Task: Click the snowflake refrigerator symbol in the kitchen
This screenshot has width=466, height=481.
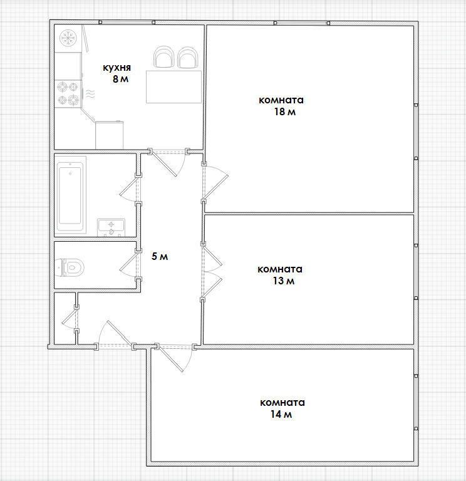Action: point(68,38)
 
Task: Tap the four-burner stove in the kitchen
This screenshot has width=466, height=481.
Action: point(68,93)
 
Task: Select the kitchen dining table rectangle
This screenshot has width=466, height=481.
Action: point(173,87)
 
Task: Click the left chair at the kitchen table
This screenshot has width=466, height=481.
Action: point(163,57)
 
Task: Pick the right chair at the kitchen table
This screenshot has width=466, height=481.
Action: point(189,57)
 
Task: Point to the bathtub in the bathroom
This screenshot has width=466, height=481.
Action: point(70,195)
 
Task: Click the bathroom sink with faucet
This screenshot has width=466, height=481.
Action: point(111,227)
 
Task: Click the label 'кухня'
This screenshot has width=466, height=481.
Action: point(116,68)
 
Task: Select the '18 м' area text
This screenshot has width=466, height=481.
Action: point(285,111)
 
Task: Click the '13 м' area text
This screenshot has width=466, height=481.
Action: point(284,281)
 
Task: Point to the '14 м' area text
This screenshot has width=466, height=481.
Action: point(281,415)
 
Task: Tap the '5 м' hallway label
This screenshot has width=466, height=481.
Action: point(160,256)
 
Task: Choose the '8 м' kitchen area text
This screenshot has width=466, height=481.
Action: point(120,79)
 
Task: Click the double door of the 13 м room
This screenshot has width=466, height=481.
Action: point(211,271)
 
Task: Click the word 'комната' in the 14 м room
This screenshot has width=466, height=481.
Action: point(282,403)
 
